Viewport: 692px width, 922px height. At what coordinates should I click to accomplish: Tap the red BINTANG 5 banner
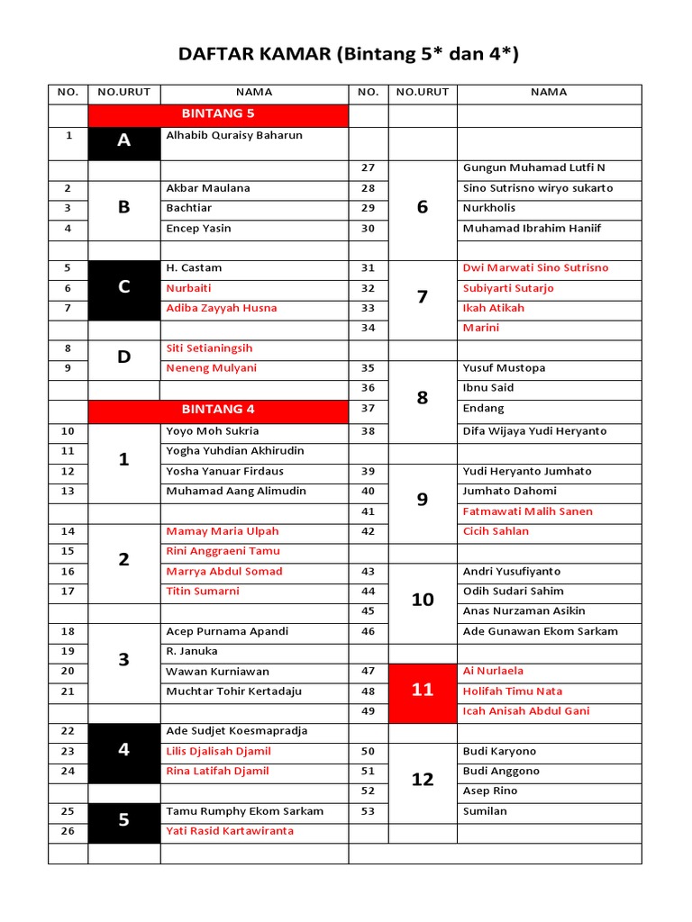(x=218, y=114)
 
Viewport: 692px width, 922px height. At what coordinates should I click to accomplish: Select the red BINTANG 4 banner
(x=218, y=410)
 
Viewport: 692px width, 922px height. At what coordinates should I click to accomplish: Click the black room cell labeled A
(x=124, y=140)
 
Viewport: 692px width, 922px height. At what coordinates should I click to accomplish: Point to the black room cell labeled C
(x=124, y=287)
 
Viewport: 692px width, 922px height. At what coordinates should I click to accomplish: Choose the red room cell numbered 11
(x=423, y=691)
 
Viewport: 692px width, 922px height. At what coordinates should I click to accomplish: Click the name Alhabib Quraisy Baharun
(x=234, y=136)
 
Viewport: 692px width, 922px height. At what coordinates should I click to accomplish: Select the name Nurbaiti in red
(x=188, y=288)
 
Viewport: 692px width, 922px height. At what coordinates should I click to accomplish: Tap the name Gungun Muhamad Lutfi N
(x=534, y=167)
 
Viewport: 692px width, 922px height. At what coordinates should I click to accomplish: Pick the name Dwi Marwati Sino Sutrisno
(x=535, y=268)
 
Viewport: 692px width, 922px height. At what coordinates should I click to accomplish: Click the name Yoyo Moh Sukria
(x=212, y=431)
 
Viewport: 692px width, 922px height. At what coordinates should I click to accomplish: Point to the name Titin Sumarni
(x=203, y=592)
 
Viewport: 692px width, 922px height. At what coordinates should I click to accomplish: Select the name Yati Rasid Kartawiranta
(x=230, y=831)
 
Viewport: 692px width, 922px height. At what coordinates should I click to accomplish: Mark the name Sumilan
(x=485, y=811)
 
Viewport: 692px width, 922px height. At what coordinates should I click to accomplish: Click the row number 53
(x=368, y=811)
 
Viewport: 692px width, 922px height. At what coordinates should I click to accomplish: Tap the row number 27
(x=368, y=167)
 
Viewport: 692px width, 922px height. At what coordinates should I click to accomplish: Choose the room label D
(x=124, y=357)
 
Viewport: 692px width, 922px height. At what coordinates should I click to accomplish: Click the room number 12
(x=423, y=780)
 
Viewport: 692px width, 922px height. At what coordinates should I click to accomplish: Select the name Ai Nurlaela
(x=493, y=671)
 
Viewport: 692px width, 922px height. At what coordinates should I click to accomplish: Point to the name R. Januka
(x=192, y=651)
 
